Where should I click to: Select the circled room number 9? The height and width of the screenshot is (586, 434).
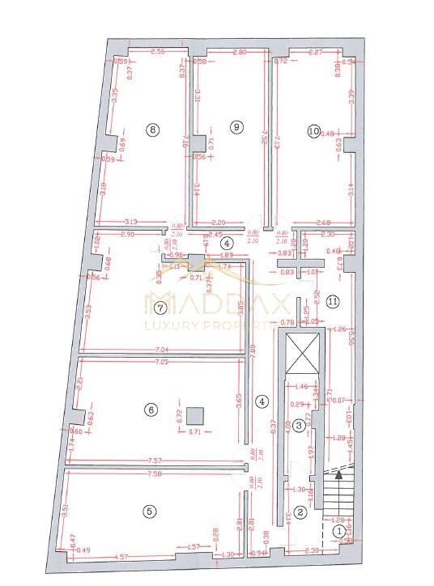236,126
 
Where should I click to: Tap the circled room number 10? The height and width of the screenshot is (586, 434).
314,130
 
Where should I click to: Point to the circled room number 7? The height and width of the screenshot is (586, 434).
160,308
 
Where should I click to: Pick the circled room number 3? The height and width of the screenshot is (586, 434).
299,424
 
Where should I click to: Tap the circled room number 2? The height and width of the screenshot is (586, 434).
300,511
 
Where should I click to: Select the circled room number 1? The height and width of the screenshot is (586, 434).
338,531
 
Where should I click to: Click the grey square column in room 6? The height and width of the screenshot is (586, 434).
194,416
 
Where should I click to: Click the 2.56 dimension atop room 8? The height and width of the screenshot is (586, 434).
159,52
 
